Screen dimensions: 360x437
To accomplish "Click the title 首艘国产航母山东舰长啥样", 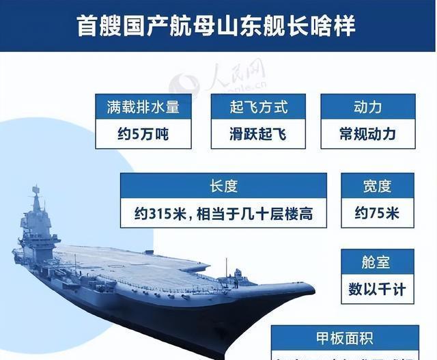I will (218, 27).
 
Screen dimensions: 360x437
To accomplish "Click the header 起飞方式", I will (258, 107).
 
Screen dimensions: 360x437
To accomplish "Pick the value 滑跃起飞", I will (258, 134).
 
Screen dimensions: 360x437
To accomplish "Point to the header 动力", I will (367, 107).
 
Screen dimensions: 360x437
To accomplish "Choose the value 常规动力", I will (367, 134).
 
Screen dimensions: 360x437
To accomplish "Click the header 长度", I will (223, 186).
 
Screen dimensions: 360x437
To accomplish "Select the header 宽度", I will (377, 186).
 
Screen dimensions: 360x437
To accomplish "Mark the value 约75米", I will (377, 213).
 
